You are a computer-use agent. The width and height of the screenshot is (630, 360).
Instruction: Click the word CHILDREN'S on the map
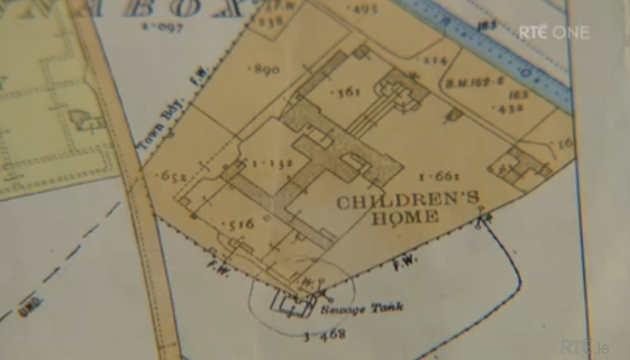(x=393, y=202)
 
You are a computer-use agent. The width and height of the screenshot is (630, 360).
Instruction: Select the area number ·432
(x=513, y=107)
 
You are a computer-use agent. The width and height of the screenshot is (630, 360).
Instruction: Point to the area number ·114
(x=434, y=60)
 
